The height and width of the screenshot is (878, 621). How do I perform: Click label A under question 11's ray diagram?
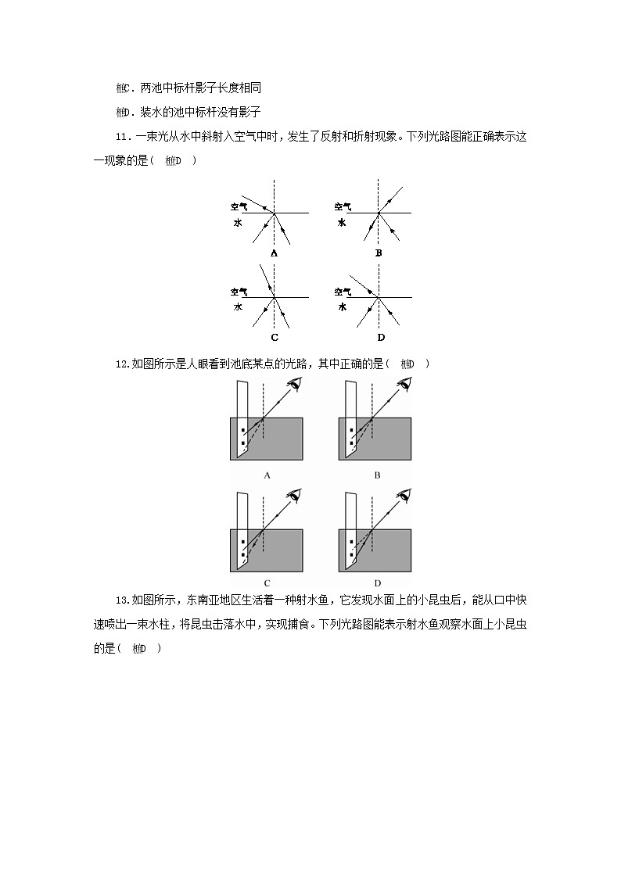click(274, 253)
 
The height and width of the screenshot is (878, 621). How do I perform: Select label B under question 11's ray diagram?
click(379, 253)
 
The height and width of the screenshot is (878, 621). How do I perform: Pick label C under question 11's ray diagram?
click(274, 338)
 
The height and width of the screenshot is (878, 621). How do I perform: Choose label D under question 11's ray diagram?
click(380, 338)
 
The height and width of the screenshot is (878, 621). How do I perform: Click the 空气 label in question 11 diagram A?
click(239, 207)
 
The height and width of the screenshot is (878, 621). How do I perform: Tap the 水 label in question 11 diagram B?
click(342, 223)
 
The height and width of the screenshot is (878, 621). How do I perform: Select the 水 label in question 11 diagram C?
click(238, 307)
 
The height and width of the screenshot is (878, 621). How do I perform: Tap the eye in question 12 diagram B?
click(404, 383)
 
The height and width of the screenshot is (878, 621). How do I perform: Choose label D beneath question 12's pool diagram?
click(377, 582)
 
